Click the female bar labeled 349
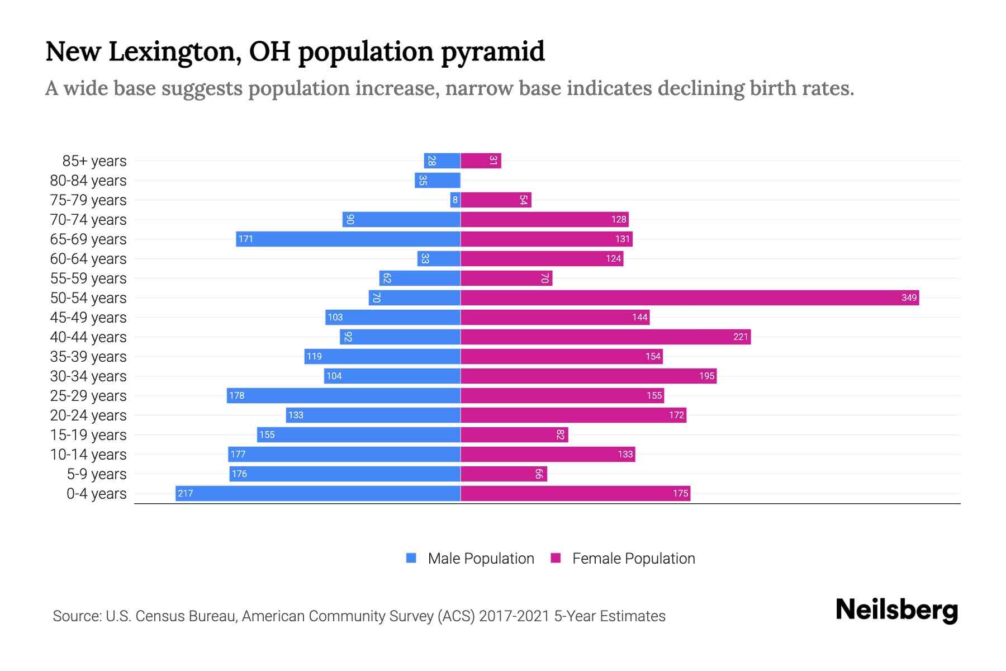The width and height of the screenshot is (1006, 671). [x=690, y=298]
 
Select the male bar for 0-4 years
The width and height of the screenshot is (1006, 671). [x=318, y=494]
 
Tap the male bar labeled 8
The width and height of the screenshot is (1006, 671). [x=455, y=200]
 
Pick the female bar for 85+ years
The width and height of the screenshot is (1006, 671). [x=481, y=161]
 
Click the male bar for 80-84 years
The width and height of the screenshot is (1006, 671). [x=438, y=181]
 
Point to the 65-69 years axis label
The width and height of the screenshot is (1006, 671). [x=88, y=239]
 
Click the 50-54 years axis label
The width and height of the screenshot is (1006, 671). [x=88, y=298]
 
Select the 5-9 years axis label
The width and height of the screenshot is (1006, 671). [x=97, y=474]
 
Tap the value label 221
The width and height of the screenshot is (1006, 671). [x=741, y=337]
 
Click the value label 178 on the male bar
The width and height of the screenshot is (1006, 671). [x=237, y=396]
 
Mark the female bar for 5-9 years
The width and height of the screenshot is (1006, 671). [x=504, y=474]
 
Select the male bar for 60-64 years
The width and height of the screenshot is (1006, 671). [x=439, y=259]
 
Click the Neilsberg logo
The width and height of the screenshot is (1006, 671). [x=896, y=610]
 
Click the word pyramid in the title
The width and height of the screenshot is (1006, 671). [x=492, y=52]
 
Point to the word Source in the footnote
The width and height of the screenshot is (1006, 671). [x=76, y=616]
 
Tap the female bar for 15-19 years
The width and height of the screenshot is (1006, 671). [x=514, y=435]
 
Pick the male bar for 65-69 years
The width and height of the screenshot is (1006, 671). [x=348, y=239]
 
